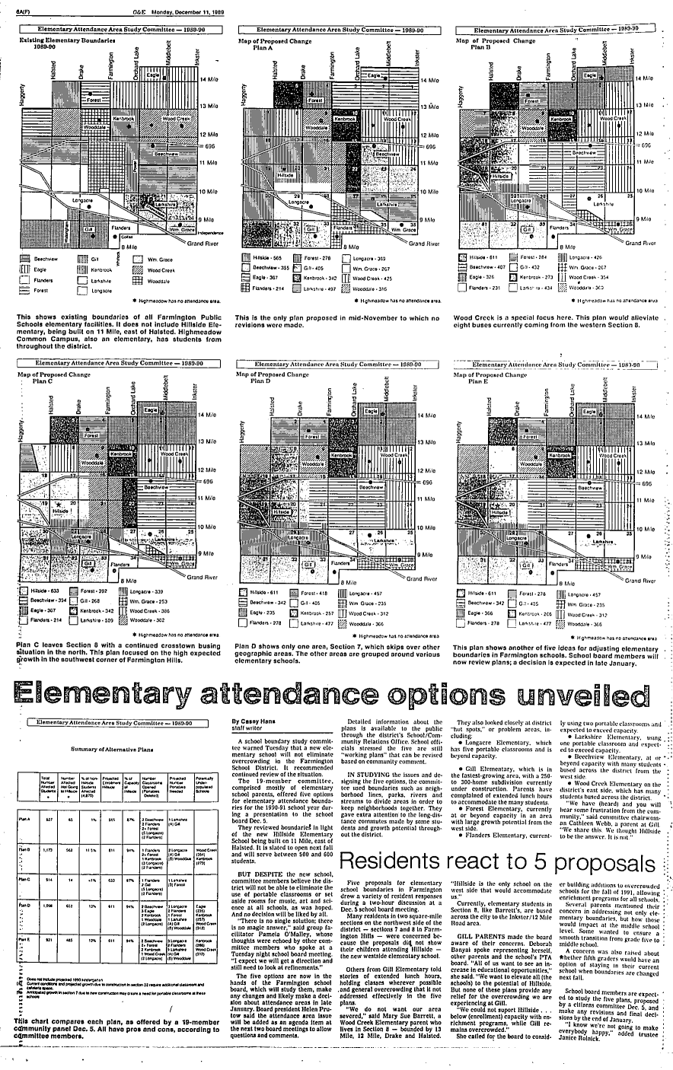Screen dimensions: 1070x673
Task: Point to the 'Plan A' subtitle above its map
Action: tap(262, 46)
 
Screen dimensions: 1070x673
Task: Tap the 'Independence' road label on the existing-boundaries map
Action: tap(212, 231)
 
